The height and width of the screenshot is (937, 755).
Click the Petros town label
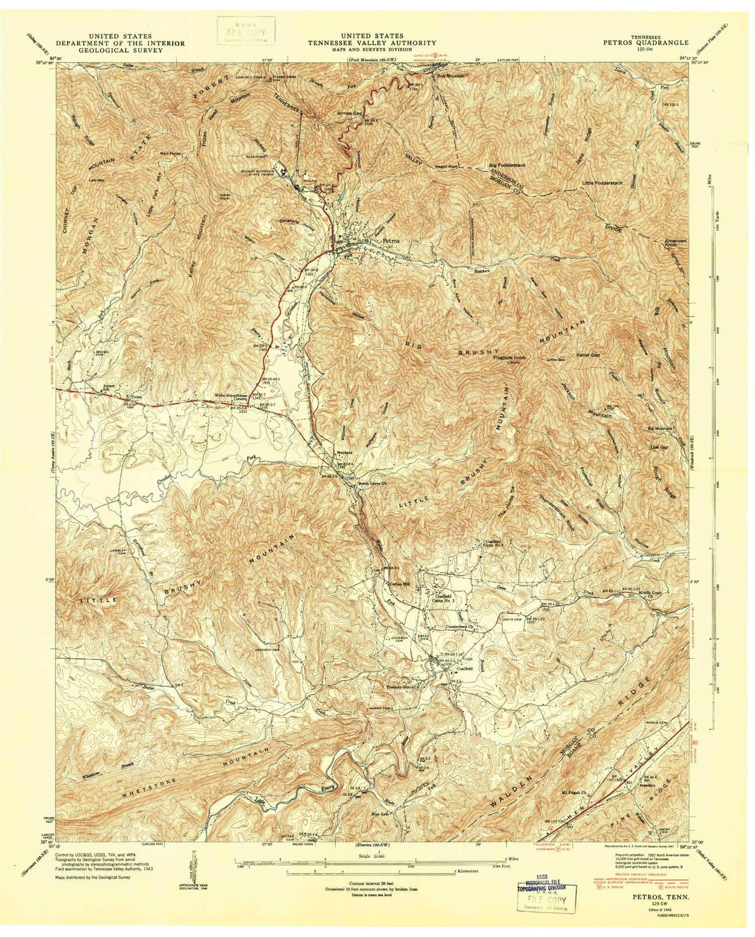[x=391, y=241]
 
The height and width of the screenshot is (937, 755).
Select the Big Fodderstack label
[x=506, y=165]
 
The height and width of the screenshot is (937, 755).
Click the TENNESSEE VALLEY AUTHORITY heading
[x=372, y=43]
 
